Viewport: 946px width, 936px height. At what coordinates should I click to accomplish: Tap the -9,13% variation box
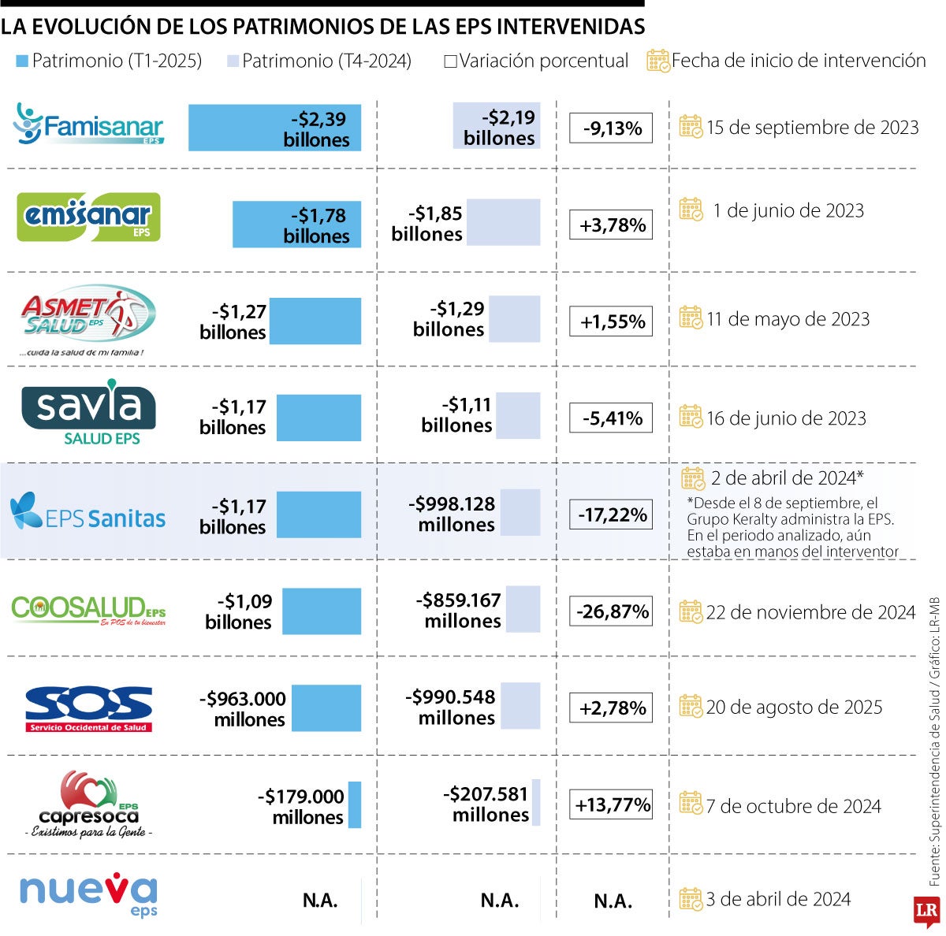(x=611, y=128)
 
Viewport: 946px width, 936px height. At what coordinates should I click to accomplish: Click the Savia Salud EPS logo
(x=88, y=413)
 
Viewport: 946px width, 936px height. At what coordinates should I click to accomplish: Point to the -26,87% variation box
(x=611, y=611)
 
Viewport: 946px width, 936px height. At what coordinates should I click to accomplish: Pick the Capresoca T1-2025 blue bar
(x=354, y=804)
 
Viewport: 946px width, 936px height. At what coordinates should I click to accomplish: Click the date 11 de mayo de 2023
(x=788, y=319)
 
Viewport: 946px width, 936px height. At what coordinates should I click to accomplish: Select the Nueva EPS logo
(x=88, y=895)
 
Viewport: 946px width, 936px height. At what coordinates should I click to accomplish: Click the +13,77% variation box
(x=611, y=804)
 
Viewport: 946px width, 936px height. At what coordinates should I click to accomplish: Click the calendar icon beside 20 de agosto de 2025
(x=691, y=706)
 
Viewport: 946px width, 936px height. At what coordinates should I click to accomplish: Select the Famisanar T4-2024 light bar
(x=497, y=126)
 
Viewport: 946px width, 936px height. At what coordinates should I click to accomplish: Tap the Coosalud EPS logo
(x=88, y=610)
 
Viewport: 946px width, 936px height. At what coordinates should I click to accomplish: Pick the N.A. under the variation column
(x=613, y=901)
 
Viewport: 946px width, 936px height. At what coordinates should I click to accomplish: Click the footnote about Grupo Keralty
(x=791, y=527)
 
